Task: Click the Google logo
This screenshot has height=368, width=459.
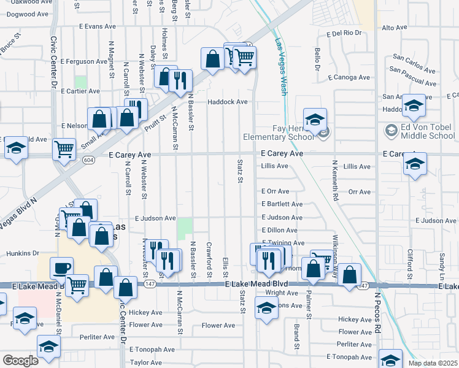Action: click(x=20, y=361)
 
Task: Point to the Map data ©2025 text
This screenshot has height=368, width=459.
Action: click(x=433, y=363)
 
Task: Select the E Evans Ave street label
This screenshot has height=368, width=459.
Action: click(x=97, y=27)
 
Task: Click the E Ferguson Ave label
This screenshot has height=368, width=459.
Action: click(x=85, y=61)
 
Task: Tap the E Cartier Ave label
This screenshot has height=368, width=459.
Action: click(x=80, y=91)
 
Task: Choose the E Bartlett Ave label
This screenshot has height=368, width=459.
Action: click(x=282, y=204)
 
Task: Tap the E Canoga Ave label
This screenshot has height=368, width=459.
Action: click(x=349, y=77)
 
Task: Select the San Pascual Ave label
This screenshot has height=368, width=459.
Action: click(x=412, y=77)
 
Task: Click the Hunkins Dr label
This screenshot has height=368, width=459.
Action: click(x=23, y=253)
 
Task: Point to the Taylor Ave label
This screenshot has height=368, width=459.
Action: click(x=145, y=362)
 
